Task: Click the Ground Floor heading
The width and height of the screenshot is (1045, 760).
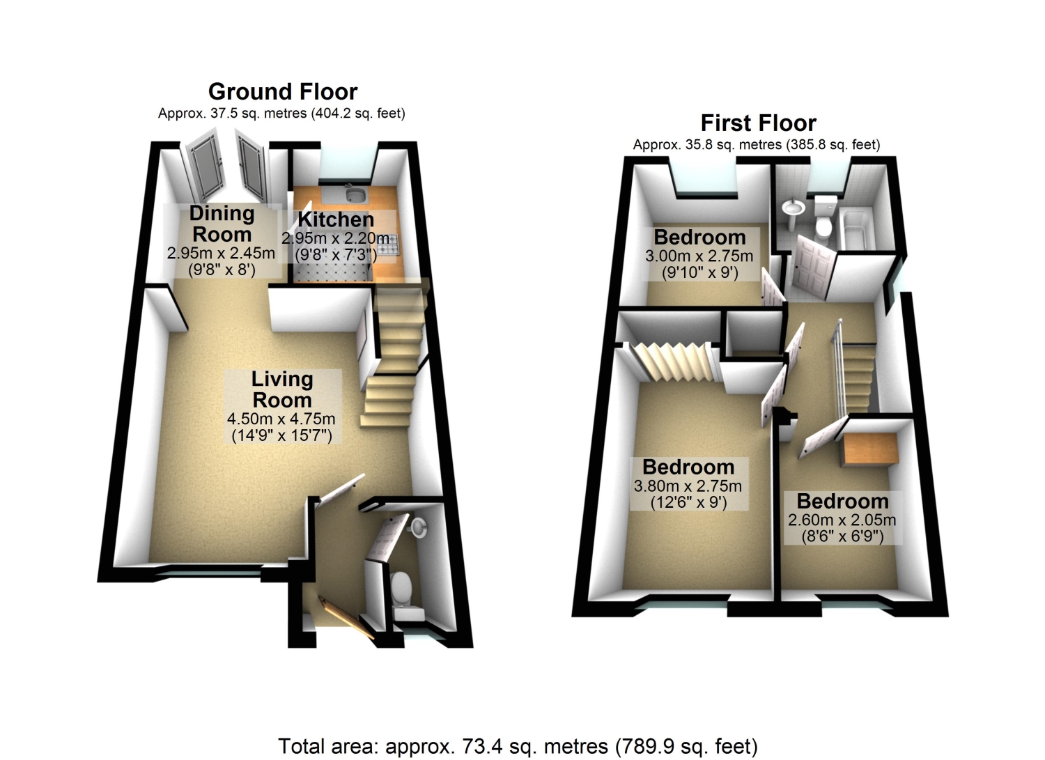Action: point(283,91)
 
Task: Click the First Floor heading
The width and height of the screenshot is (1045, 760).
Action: point(759,123)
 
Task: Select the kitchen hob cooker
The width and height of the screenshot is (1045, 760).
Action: point(388,245)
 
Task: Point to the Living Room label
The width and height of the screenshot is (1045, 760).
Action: point(281,389)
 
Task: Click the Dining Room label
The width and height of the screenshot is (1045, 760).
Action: point(222,224)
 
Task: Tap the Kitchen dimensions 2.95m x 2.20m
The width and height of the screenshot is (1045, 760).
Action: point(335,238)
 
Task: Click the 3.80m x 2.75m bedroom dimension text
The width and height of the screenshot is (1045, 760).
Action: point(688,486)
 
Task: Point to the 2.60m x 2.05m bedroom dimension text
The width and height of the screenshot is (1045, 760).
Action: point(842,520)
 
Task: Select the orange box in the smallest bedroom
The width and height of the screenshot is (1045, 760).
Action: point(869,450)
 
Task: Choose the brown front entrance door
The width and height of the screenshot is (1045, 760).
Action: point(346,617)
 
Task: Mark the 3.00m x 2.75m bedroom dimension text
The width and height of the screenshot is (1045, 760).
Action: point(699,256)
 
